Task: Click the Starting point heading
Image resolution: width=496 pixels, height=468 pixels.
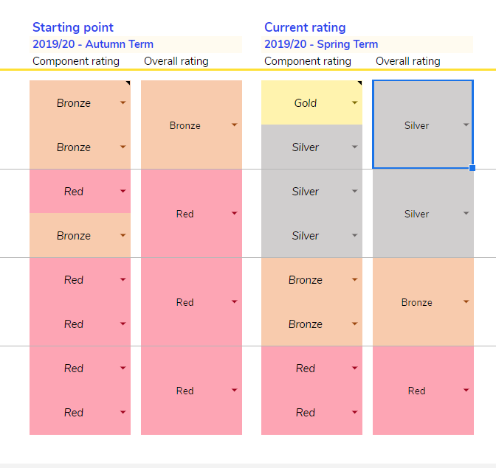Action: pyautogui.click(x=73, y=27)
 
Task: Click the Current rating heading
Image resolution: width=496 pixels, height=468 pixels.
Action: pyautogui.click(x=305, y=27)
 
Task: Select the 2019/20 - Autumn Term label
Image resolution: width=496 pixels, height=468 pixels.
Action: pyautogui.click(x=93, y=44)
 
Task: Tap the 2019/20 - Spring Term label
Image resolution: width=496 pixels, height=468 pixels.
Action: pyautogui.click(x=321, y=44)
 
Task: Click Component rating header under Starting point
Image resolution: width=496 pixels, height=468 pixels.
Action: pyautogui.click(x=76, y=61)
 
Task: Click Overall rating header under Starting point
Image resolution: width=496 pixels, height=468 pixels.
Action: pyautogui.click(x=176, y=61)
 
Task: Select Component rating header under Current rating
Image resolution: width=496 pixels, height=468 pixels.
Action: pyautogui.click(x=308, y=61)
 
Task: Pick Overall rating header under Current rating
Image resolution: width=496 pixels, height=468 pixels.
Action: pyautogui.click(x=408, y=61)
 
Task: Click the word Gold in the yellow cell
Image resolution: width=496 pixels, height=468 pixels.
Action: pyautogui.click(x=306, y=103)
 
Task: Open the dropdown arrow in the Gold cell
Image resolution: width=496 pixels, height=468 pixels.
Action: pyautogui.click(x=355, y=103)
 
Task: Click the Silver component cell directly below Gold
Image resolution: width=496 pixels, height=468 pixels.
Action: pyautogui.click(x=306, y=147)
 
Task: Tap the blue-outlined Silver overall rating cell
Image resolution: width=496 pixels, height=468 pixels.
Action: pyautogui.click(x=417, y=125)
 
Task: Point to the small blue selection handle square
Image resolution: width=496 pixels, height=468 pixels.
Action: pyautogui.click(x=472, y=168)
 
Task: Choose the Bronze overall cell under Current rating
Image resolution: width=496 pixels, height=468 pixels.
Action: pyautogui.click(x=417, y=302)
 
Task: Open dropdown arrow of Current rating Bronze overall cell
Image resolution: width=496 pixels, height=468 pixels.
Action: pyautogui.click(x=466, y=301)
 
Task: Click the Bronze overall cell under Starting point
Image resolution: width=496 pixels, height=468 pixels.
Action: pyautogui.click(x=185, y=125)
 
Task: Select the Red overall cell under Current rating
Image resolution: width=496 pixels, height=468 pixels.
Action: pyautogui.click(x=417, y=391)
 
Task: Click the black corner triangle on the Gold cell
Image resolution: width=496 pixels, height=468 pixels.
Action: pyautogui.click(x=359, y=83)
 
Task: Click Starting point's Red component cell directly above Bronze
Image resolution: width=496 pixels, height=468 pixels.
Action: pyautogui.click(x=74, y=192)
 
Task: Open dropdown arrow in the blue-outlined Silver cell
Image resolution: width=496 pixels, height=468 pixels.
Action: pyautogui.click(x=466, y=125)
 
